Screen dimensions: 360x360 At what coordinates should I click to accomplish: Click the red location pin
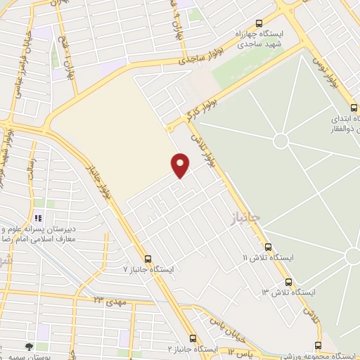tap(181, 165)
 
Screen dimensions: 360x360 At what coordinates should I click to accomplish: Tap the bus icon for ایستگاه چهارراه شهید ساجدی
tap(259, 23)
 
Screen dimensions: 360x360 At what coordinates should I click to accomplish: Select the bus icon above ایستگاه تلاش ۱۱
tap(268, 247)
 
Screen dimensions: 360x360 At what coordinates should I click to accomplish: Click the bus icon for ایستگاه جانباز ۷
tap(148, 258)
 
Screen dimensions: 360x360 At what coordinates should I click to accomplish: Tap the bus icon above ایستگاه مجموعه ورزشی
tap(318, 345)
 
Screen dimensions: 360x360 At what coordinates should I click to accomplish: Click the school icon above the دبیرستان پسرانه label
tap(39, 219)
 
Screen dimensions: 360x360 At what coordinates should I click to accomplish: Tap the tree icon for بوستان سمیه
tap(28, 347)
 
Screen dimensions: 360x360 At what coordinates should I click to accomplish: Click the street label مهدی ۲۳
tap(109, 300)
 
